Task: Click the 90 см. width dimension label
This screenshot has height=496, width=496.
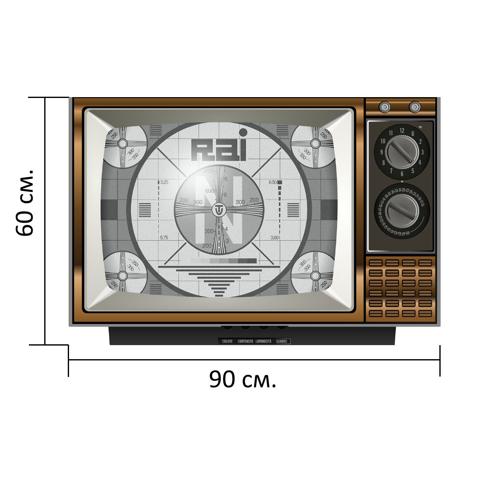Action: (x=242, y=379)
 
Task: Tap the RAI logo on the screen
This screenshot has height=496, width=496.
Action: (x=219, y=149)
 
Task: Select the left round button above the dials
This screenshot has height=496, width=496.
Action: (x=385, y=107)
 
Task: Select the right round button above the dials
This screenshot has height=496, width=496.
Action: (x=415, y=107)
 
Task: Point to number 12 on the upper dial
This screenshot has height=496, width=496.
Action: (x=402, y=131)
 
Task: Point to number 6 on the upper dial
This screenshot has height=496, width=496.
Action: (x=402, y=174)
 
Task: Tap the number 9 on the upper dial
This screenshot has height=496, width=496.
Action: (x=382, y=152)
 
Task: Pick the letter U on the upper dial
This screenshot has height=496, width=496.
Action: (x=413, y=134)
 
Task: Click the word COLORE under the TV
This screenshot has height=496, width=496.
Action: (x=227, y=341)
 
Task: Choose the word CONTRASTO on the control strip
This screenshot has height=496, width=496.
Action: (x=246, y=341)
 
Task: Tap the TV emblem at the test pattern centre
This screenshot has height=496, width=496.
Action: (x=218, y=210)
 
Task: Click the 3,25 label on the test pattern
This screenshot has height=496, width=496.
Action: (x=164, y=182)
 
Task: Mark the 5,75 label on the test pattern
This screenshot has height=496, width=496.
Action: (x=164, y=238)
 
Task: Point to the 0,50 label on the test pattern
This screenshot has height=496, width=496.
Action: (x=273, y=182)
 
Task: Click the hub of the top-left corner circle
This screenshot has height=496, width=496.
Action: (x=122, y=143)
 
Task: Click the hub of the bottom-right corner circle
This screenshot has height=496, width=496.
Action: (x=315, y=276)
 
